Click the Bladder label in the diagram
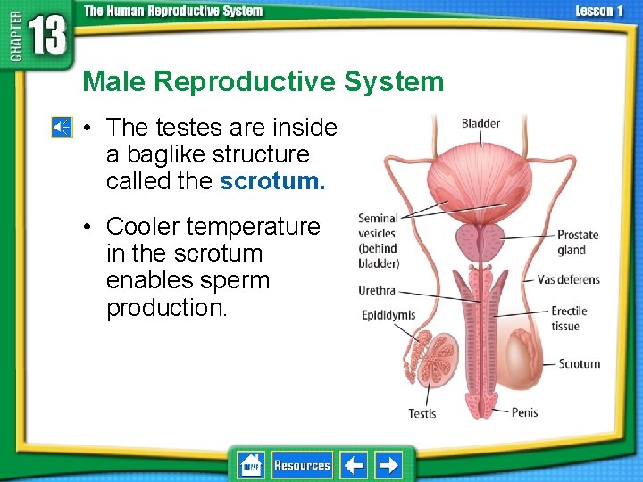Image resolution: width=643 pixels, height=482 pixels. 480,123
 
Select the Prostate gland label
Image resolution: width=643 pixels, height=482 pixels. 578,243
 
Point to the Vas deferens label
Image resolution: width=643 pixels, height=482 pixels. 569,279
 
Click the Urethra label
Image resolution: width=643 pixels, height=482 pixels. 377,290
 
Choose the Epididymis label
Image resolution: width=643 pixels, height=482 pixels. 388,314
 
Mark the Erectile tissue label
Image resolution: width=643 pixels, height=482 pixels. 569,319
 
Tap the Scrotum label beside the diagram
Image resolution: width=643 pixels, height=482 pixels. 579,363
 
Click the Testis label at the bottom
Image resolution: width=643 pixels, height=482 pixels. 422,413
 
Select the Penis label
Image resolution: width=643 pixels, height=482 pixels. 524,412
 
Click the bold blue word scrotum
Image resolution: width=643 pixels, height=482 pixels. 272,181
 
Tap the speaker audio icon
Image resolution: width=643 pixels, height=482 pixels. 62,129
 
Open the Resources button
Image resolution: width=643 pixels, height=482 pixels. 302,465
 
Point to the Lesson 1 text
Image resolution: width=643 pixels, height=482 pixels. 599,11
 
